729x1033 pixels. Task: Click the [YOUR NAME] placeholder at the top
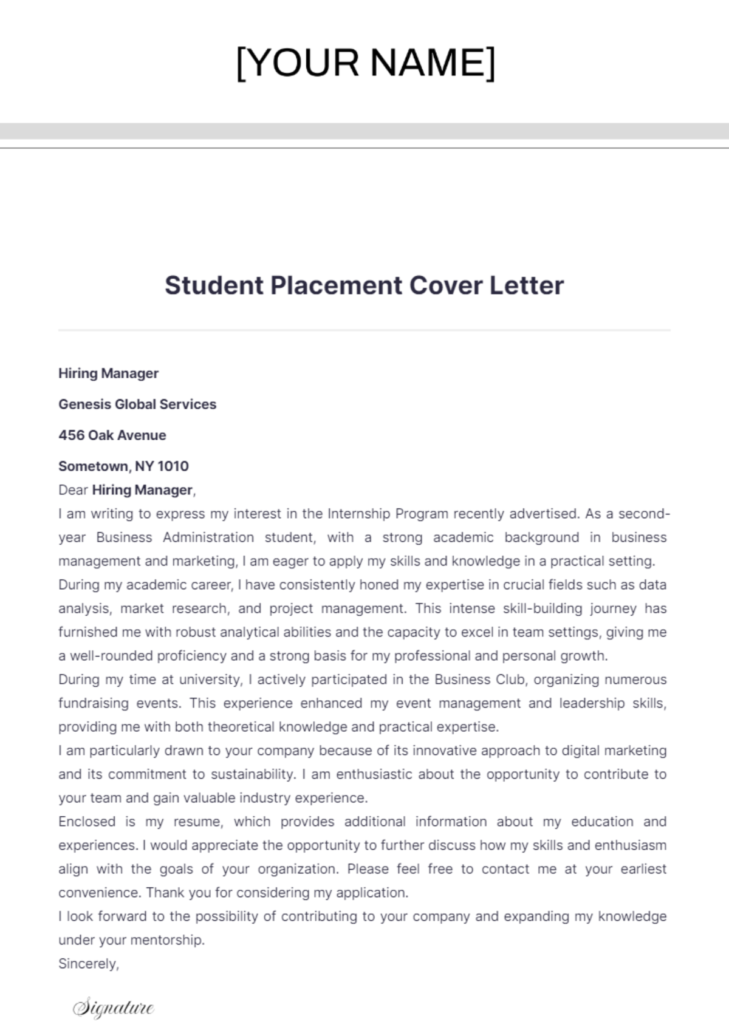(x=365, y=63)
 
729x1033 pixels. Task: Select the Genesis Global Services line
(x=137, y=404)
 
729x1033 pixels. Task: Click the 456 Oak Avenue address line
(x=112, y=435)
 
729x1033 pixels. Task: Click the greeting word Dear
(x=73, y=490)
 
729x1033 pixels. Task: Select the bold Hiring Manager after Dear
(x=142, y=490)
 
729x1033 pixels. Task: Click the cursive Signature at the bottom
(x=114, y=1007)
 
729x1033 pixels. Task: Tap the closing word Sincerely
(x=87, y=964)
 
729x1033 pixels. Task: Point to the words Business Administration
(x=175, y=537)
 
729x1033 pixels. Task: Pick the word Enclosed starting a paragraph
(x=87, y=822)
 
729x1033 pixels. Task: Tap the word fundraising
(x=94, y=703)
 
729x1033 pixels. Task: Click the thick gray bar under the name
(x=364, y=131)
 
